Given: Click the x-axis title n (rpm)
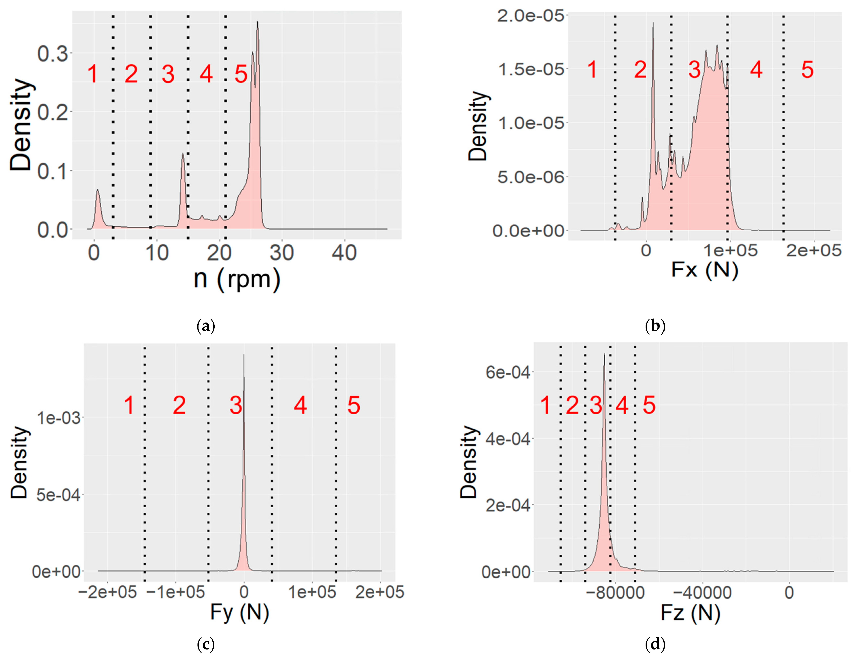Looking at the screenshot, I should pos(237,279).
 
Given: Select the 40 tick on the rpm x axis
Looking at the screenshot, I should pos(344,253).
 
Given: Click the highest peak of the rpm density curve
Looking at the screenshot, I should pos(257,22).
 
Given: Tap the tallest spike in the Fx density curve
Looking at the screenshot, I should pos(653,24).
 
